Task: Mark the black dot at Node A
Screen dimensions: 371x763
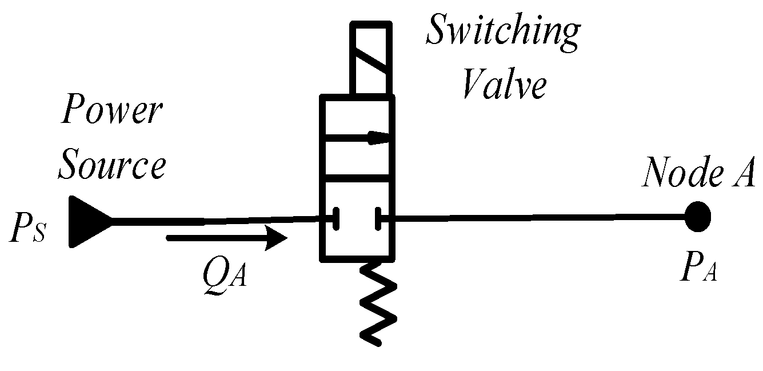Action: coord(698,217)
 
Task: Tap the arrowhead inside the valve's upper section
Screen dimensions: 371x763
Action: coord(378,137)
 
